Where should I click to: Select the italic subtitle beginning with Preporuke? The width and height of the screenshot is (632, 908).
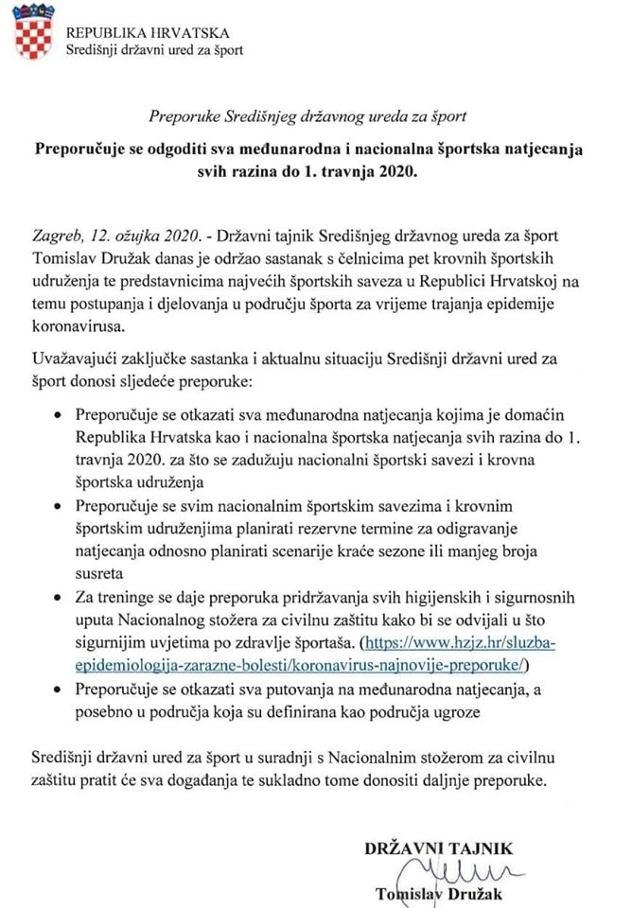click(307, 116)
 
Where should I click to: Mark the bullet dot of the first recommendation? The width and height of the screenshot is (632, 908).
click(57, 417)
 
